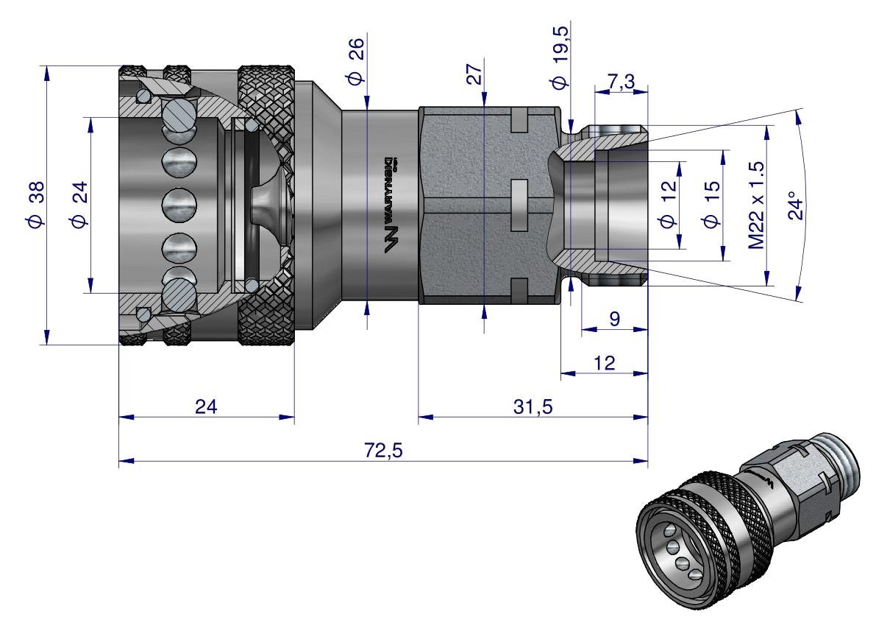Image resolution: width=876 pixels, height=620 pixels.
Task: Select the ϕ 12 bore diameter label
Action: point(668,205)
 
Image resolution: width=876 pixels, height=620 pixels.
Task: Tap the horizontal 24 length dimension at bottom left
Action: point(207,406)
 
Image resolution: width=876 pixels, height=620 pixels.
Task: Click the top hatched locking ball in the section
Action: point(179,114)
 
